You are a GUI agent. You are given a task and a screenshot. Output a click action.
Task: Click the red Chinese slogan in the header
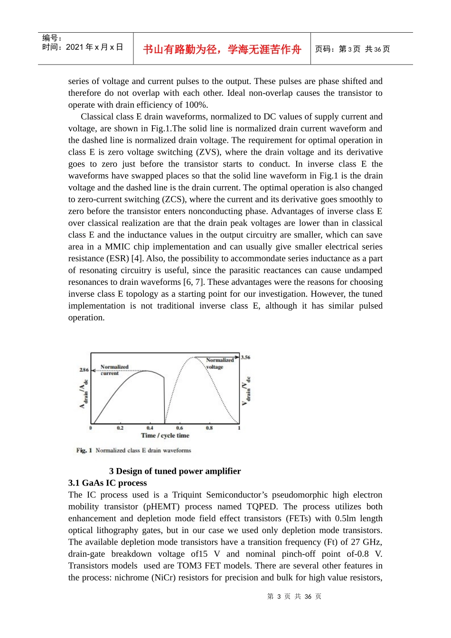(222, 49)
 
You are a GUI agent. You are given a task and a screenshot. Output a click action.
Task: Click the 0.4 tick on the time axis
(150, 428)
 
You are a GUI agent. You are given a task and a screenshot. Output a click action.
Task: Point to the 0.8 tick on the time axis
(209, 428)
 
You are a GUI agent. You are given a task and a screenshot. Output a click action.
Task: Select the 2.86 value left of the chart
(84, 369)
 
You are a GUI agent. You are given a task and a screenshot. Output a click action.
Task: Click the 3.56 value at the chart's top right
(245, 357)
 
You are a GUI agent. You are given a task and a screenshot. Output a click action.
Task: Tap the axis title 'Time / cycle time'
(165, 435)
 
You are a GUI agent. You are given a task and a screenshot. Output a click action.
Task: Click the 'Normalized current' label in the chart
(114, 370)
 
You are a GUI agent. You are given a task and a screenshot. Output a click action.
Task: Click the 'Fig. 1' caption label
(84, 450)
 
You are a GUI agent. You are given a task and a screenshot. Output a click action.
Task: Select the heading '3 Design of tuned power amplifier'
(175, 471)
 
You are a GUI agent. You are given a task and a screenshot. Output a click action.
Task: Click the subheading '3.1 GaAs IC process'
(107, 483)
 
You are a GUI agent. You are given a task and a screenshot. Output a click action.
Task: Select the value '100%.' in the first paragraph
(196, 105)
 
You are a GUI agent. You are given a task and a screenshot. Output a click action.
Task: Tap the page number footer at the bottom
(294, 596)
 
